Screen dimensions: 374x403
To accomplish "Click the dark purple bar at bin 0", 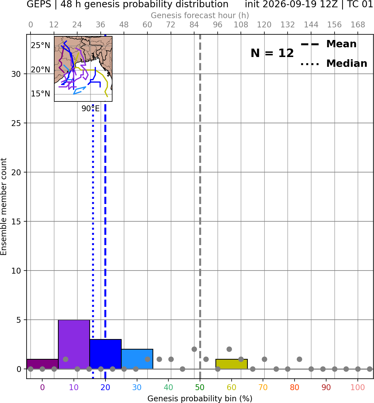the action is click(43, 364).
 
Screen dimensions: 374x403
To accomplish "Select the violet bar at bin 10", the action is click(74, 344).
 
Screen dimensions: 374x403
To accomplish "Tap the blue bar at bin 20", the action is click(105, 354).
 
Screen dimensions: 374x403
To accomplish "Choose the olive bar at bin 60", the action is click(232, 364).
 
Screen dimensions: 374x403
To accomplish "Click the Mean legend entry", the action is click(328, 44).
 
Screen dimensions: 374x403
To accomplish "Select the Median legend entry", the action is click(334, 63).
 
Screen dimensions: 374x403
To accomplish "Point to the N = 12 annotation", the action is click(272, 53).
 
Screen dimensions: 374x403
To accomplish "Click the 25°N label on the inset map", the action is click(41, 46).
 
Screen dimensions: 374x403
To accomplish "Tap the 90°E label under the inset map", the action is click(91, 109).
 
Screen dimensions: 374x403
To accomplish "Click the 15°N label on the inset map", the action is click(41, 94).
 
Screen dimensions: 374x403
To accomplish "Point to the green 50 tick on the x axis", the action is click(200, 387).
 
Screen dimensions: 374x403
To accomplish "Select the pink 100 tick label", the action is click(358, 387).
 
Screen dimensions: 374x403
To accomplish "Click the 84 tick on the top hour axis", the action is click(194, 25).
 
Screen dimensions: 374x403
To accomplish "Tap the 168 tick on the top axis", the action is click(358, 25).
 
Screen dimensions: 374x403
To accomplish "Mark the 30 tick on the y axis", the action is click(16, 74).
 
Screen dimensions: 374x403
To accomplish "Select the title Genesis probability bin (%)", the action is click(200, 399).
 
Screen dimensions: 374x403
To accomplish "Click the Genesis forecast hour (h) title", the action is click(200, 15).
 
